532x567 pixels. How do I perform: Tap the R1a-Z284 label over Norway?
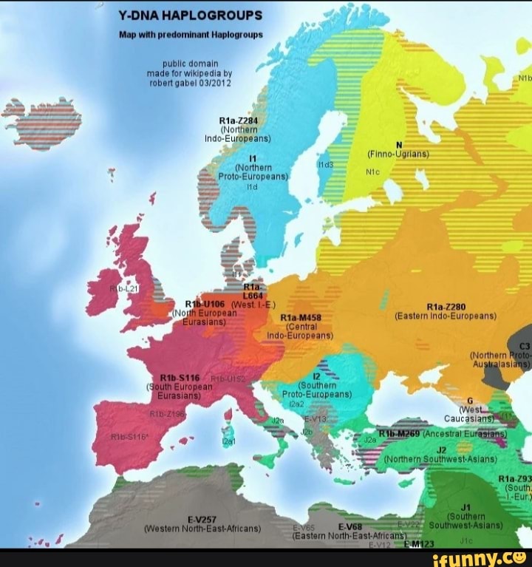pyautogui.click(x=238, y=120)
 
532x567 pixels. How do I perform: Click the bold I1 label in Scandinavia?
pyautogui.click(x=253, y=158)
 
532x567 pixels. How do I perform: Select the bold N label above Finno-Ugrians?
pyautogui.click(x=399, y=145)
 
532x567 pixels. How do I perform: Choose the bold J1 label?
pyautogui.click(x=465, y=507)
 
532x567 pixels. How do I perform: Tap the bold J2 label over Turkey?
pyautogui.click(x=441, y=449)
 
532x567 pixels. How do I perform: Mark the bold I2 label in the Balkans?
pyautogui.click(x=316, y=376)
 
